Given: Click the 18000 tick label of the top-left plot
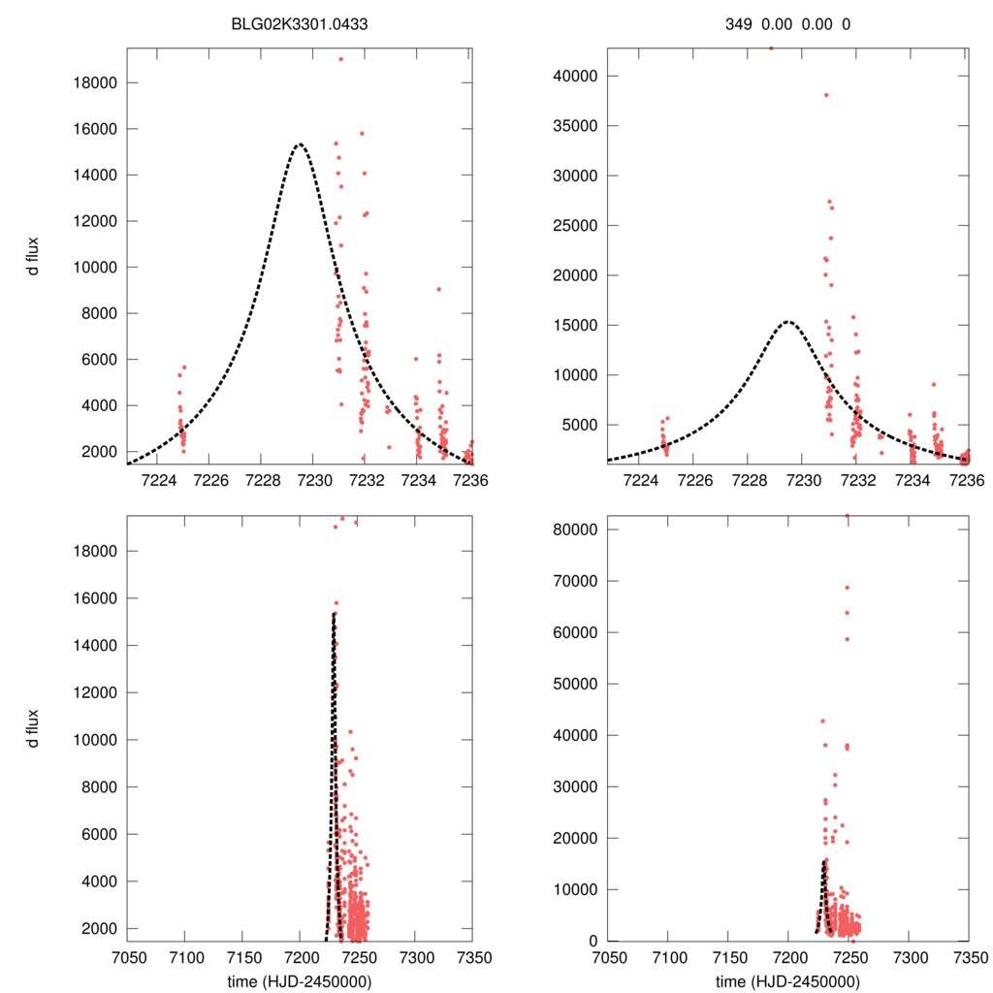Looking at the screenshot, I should (x=94, y=82).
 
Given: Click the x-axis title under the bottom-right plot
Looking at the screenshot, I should (x=787, y=980).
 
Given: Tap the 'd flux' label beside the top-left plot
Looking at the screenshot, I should (x=33, y=255).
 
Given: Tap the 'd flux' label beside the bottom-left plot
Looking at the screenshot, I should (x=33, y=728).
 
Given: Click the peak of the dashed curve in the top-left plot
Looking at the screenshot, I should (x=300, y=144).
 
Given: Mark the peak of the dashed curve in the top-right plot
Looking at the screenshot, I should (x=787, y=321).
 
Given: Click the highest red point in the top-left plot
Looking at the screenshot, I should (x=340, y=59).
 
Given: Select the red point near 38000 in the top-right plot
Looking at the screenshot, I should (x=826, y=95).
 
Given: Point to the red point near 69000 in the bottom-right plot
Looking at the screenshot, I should (x=847, y=588).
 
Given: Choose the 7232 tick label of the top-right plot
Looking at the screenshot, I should (x=857, y=480).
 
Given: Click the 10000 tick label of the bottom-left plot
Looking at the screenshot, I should (x=94, y=739).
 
